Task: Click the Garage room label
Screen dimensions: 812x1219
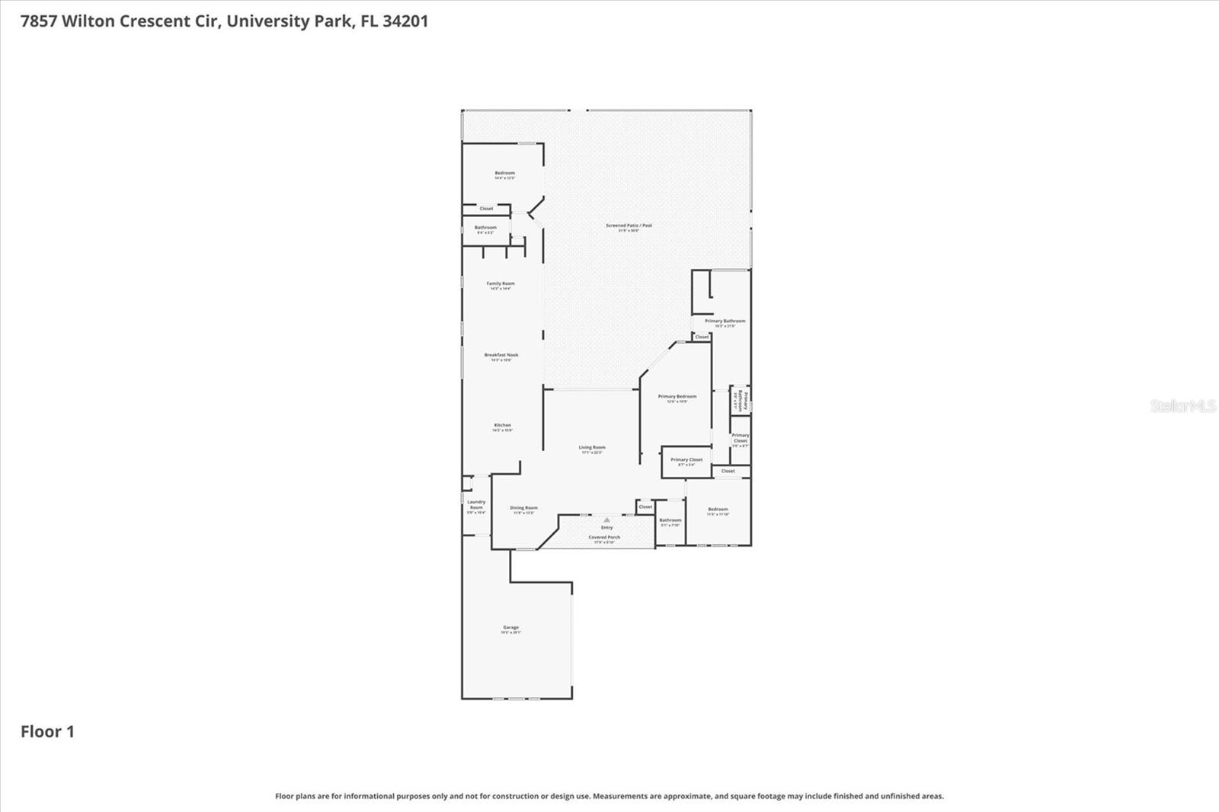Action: click(510, 628)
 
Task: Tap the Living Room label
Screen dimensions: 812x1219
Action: click(591, 449)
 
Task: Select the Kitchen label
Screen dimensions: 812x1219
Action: click(502, 426)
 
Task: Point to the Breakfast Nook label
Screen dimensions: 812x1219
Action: click(501, 356)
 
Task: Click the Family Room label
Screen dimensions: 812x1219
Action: click(501, 284)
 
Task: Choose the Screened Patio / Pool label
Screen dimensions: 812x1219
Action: click(629, 226)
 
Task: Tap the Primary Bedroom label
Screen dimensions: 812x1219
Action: click(677, 397)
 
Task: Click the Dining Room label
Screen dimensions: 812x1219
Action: click(523, 509)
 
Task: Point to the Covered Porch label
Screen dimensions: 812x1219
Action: click(604, 538)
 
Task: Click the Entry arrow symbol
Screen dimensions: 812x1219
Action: click(606, 520)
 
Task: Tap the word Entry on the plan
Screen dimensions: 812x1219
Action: click(606, 528)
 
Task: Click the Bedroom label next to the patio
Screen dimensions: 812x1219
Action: click(504, 174)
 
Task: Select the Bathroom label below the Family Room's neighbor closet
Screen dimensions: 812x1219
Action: click(485, 228)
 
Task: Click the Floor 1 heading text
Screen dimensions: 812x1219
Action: click(47, 732)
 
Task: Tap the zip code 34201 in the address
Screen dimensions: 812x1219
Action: click(405, 21)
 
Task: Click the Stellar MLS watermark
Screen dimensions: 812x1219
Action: click(1182, 406)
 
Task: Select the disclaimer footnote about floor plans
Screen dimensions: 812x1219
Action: click(609, 796)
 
